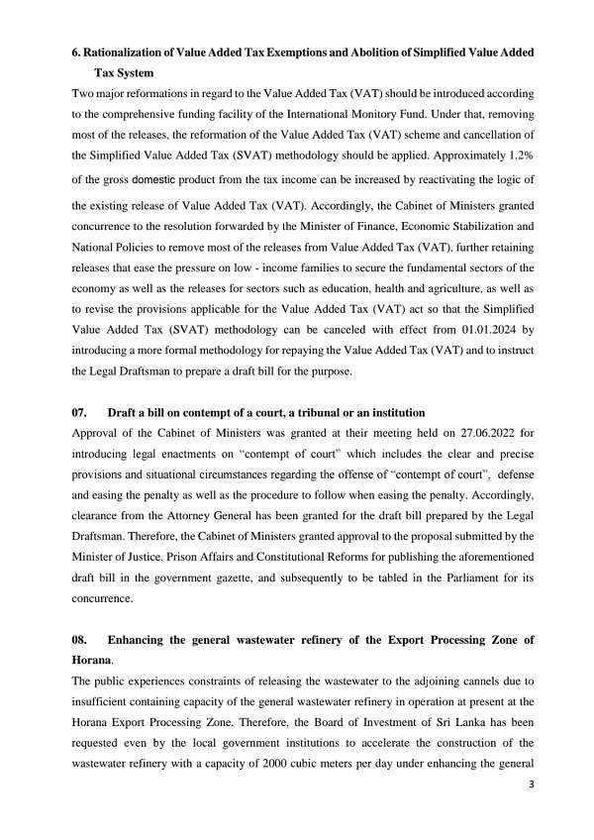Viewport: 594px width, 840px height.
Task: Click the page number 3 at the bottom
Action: click(532, 783)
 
